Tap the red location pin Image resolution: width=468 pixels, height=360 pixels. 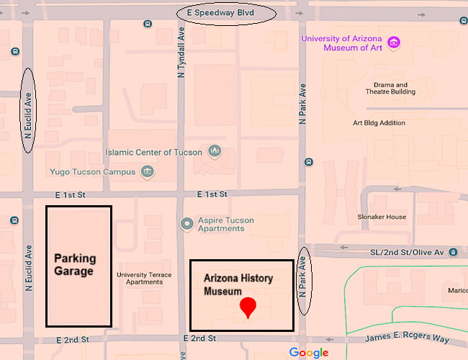pyautogui.click(x=248, y=307)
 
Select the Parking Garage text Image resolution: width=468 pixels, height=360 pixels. pyautogui.click(x=74, y=265)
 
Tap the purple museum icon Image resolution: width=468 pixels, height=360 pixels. pyautogui.click(x=394, y=42)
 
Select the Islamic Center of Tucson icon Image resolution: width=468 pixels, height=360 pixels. pyautogui.click(x=214, y=151)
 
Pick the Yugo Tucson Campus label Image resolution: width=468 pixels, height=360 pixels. pyautogui.click(x=93, y=172)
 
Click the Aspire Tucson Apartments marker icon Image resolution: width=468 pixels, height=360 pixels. pyautogui.click(x=187, y=224)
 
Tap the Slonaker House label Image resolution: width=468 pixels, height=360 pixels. pyautogui.click(x=382, y=217)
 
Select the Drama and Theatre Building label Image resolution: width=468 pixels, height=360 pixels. pyautogui.click(x=390, y=89)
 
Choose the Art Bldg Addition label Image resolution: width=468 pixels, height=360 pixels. pyautogui.click(x=379, y=122)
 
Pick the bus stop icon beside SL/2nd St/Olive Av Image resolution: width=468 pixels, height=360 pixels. pyautogui.click(x=453, y=252)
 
